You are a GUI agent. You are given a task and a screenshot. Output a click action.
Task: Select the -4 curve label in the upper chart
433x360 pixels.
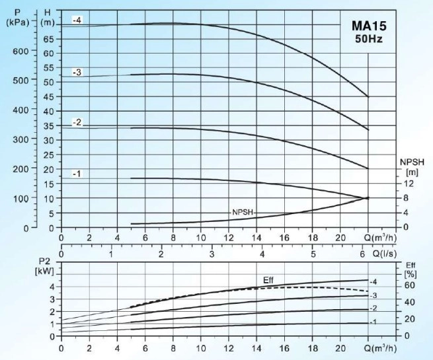pyautogui.click(x=77, y=21)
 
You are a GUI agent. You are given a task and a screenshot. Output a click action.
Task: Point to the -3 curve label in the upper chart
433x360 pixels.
pyautogui.click(x=77, y=72)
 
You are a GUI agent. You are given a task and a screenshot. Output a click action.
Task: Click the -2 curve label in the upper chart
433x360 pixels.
pyautogui.click(x=77, y=123)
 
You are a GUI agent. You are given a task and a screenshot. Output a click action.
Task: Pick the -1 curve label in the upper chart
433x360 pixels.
pyautogui.click(x=77, y=174)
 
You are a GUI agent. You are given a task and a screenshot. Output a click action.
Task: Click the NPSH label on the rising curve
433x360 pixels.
pyautogui.click(x=242, y=212)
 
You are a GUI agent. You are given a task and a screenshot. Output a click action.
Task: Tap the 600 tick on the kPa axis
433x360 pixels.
pyautogui.click(x=21, y=51)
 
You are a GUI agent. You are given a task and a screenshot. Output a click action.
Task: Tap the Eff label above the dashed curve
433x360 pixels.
pyautogui.click(x=268, y=280)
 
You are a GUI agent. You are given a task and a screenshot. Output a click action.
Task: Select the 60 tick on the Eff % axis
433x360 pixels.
pyautogui.click(x=409, y=285)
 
